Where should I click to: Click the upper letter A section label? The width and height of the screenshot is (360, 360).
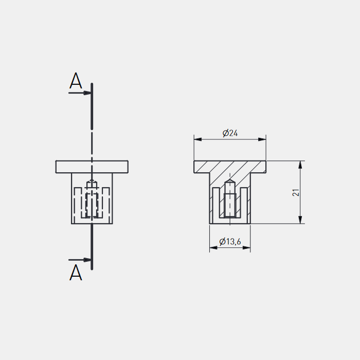pos(76,81)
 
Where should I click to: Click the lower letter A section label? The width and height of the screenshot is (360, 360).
pos(76,273)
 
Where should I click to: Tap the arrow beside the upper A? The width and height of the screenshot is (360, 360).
pos(80,93)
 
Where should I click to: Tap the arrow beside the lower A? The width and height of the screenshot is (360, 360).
pos(80,260)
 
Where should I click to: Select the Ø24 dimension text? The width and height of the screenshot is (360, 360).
pos(230,133)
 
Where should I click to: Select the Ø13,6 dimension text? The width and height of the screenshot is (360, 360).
pos(230,242)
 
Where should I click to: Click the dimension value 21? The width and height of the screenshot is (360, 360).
pos(296,192)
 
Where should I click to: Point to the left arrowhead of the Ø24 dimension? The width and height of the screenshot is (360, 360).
pos(198,139)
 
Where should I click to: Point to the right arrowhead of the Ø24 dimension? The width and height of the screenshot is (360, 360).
pos(262,139)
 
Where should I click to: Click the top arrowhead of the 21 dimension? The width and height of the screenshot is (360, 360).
pos(300,165)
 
